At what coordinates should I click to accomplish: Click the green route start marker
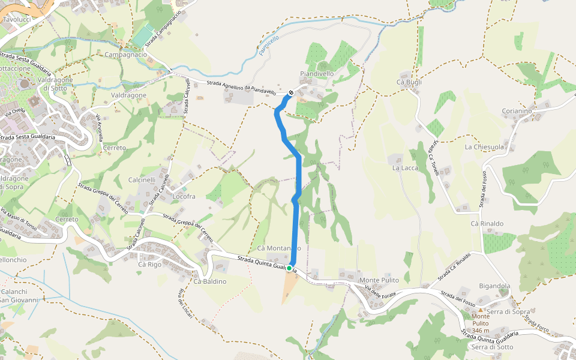tap(289, 268)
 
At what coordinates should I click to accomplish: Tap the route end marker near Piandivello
tap(291, 93)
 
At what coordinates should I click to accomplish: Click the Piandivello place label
tap(317, 74)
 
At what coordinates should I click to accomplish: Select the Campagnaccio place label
tap(125, 55)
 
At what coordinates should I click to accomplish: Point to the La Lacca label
tap(405, 168)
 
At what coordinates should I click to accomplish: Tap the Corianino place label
tap(517, 111)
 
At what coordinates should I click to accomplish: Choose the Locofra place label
tap(184, 196)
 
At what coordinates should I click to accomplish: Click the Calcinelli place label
tap(142, 179)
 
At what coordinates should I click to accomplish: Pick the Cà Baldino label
tap(210, 281)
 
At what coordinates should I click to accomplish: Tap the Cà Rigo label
tap(150, 264)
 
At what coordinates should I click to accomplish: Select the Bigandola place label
tap(494, 286)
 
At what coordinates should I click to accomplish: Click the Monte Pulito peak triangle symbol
tap(481, 310)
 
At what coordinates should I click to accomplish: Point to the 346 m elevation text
tap(481, 331)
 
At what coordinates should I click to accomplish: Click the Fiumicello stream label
tap(269, 46)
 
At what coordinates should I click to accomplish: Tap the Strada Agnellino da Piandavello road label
tap(241, 88)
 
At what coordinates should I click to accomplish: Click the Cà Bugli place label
tap(409, 82)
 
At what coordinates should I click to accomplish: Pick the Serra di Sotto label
tap(492, 347)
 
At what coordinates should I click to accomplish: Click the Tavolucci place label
tap(17, 20)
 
